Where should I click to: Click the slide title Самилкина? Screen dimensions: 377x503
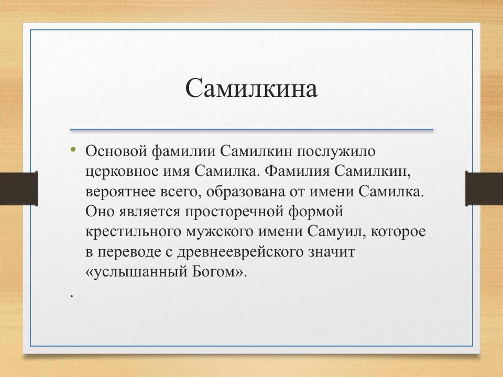(251, 88)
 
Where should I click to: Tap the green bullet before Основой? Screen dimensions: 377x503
(73, 150)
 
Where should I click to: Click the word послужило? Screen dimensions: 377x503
(337, 151)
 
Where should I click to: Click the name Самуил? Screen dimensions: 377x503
(333, 231)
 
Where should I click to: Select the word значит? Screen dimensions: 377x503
(333, 252)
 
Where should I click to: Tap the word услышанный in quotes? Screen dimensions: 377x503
(135, 272)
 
